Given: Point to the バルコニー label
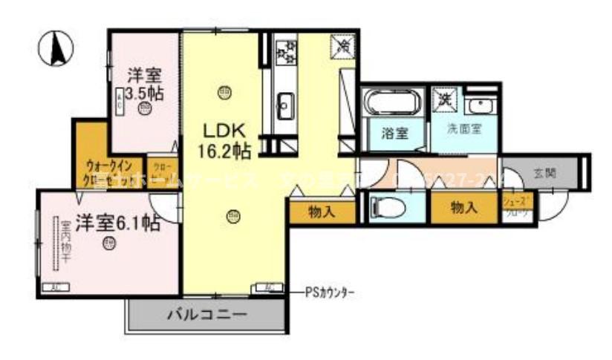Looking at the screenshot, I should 205,313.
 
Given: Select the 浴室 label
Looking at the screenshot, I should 394,134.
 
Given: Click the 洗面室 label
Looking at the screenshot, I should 463,128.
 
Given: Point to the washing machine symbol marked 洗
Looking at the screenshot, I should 445,98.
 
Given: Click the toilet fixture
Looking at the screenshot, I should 388,206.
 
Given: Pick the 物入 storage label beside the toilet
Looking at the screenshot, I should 463,208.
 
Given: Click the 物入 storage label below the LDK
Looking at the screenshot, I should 321,212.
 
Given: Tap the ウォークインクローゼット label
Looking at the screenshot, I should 108,171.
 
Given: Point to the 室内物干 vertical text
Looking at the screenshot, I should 65,242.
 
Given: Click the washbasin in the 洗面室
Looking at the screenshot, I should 481,105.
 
